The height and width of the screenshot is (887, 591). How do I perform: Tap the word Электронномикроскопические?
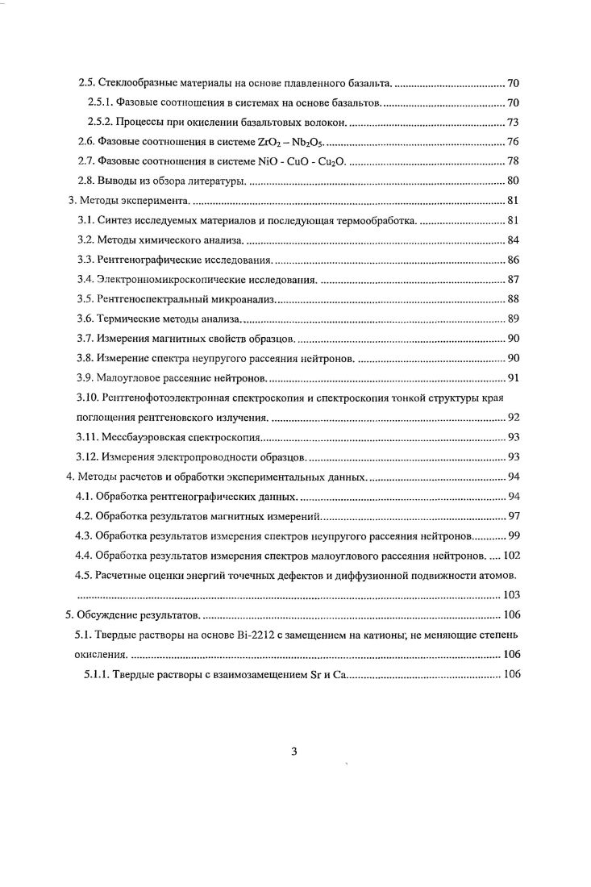click(x=166, y=279)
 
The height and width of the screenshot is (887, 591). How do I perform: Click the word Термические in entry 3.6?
click(x=128, y=319)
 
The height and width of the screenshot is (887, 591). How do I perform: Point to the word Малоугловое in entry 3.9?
click(x=129, y=377)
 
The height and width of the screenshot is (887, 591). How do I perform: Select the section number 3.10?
click(x=86, y=398)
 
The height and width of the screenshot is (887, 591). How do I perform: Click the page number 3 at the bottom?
click(x=294, y=753)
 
